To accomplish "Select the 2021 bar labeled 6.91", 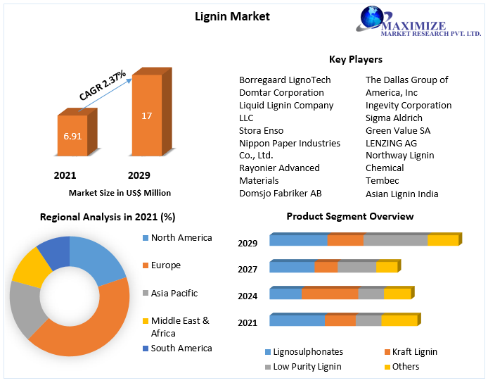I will (x=72, y=135).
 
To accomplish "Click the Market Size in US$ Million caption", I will (x=120, y=192).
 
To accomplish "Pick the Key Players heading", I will (x=356, y=59).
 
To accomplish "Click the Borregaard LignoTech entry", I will (x=285, y=80).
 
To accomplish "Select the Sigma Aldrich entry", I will (x=394, y=118).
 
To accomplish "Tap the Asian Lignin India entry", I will (x=402, y=194).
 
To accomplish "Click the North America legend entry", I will (x=181, y=238).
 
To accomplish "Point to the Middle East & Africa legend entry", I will (x=180, y=327).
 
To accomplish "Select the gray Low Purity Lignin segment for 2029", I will (x=395, y=240).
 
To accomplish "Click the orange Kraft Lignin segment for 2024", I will (x=330, y=294).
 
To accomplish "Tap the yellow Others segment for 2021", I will (x=399, y=320).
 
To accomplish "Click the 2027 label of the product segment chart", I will (x=248, y=269).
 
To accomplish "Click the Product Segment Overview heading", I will (x=350, y=216).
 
